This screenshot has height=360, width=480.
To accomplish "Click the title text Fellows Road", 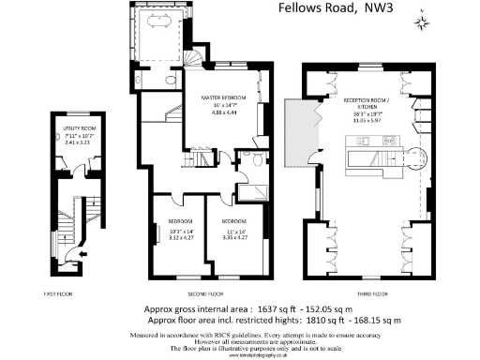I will click(319, 9).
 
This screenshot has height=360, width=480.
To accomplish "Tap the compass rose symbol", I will click(423, 17).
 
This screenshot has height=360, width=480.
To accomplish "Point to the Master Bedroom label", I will click(224, 97).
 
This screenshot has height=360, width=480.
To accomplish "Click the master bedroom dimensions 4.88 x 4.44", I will click(224, 111).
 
